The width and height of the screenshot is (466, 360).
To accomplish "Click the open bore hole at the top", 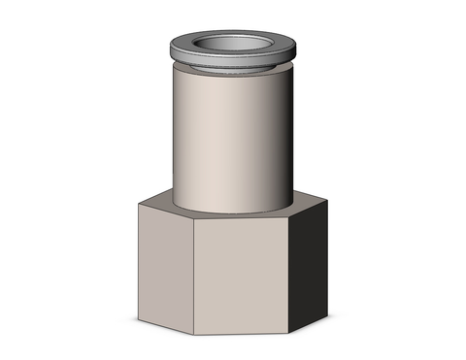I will [233, 45].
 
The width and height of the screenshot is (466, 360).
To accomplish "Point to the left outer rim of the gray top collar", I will [172, 49].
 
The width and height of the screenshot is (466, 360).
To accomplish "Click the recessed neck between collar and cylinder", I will [233, 69].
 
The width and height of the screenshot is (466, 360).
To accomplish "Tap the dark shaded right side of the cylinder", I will [283, 136].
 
